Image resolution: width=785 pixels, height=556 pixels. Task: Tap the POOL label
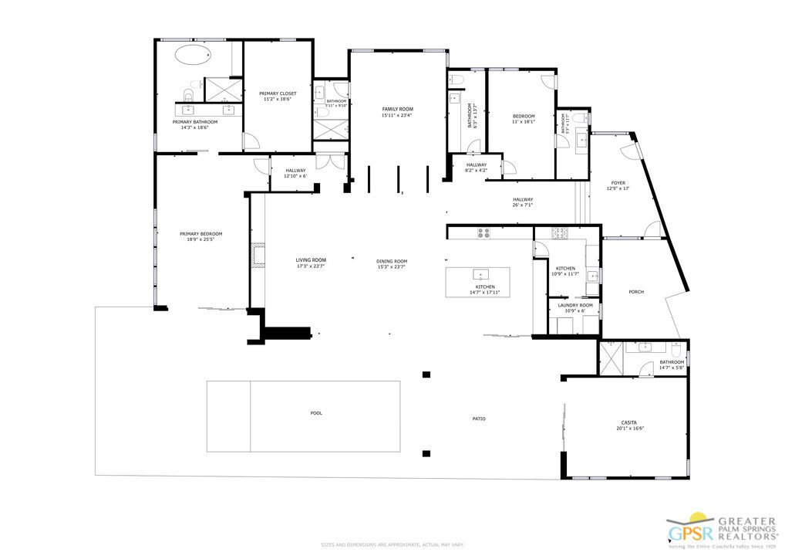[316, 413]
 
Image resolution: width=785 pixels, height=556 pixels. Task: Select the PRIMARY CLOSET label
[278, 93]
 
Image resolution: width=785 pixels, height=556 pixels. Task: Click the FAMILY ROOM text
[397, 110]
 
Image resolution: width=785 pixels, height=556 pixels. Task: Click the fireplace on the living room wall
[257, 256]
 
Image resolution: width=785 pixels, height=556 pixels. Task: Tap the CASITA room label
[629, 422]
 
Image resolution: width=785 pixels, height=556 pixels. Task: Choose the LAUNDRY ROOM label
[575, 306]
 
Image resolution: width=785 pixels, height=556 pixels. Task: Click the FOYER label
[618, 184]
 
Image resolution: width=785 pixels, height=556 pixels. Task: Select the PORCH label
[636, 292]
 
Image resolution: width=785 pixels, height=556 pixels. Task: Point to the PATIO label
[479, 419]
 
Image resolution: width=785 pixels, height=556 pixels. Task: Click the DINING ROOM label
[392, 261]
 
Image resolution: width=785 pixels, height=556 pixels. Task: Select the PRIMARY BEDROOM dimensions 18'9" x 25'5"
[200, 239]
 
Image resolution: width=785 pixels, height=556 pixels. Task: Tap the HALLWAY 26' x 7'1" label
[522, 202]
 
